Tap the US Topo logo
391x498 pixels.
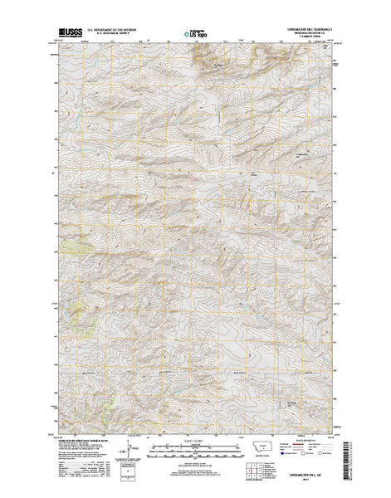[x=195, y=35]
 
